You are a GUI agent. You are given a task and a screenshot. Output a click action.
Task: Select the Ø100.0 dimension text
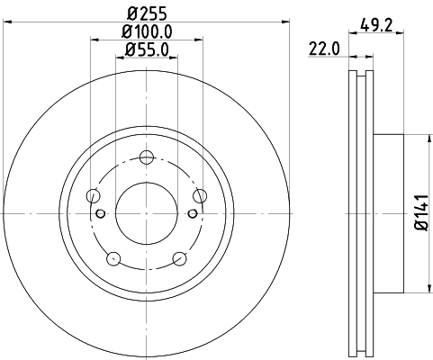147,32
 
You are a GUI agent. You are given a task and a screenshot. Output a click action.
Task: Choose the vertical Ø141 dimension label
419,213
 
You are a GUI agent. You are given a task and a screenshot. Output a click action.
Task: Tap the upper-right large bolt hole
200,196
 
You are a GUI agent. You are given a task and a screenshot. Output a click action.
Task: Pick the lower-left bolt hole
113,259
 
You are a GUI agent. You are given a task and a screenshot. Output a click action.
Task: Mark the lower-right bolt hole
179,259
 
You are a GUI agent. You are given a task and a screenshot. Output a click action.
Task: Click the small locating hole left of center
101,213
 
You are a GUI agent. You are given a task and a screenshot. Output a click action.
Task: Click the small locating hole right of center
193,213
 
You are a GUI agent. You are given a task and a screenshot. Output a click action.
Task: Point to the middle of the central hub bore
147,213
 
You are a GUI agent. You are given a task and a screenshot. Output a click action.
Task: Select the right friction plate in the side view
369,213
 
